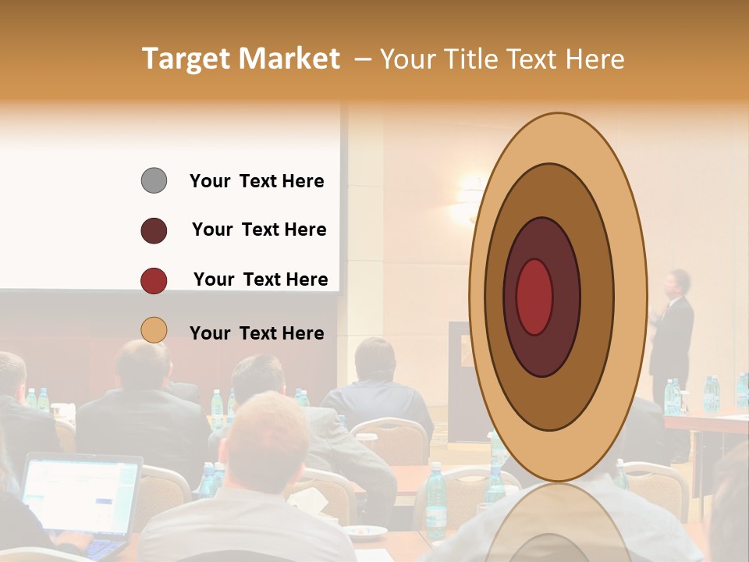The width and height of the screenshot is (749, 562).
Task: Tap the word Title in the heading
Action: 470,59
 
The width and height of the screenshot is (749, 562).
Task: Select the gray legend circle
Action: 154,180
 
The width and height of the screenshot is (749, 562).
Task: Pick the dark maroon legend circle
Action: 154,230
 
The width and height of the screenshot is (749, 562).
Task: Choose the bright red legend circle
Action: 154,280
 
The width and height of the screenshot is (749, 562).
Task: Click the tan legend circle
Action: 154,330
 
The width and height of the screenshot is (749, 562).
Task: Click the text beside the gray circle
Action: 257,181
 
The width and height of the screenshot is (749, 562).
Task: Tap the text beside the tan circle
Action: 257,333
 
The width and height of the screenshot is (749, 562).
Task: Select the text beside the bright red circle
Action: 261,279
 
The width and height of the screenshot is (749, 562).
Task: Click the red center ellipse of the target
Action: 534,297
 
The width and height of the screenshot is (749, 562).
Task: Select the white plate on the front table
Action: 364,532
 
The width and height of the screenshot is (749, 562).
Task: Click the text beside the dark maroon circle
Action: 259,229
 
